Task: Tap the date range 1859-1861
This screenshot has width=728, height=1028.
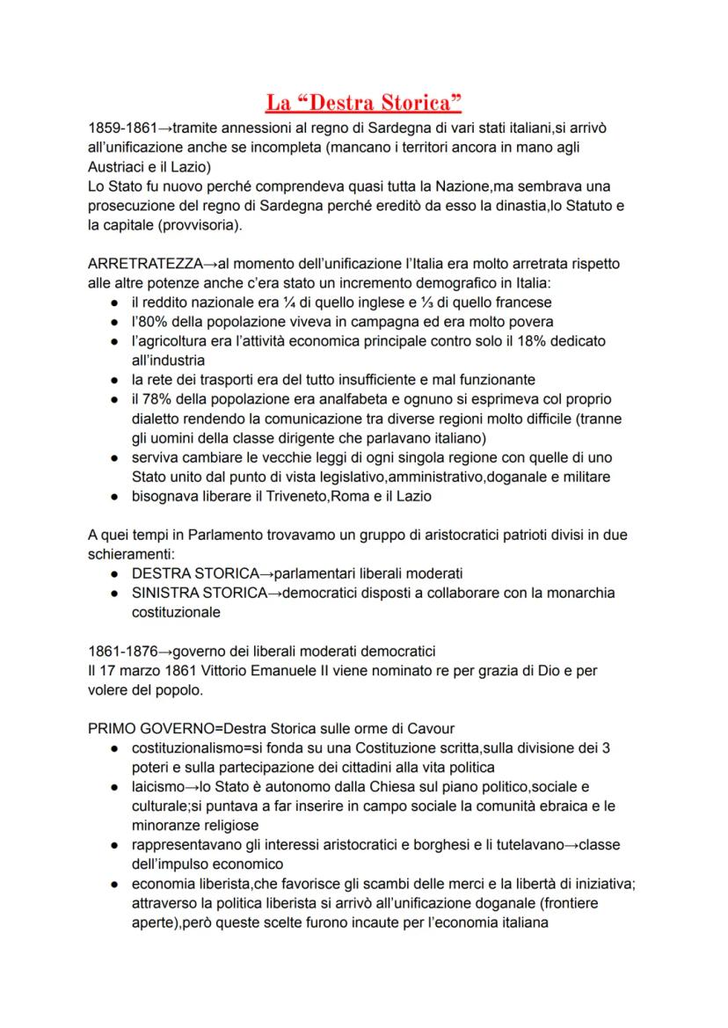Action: pyautogui.click(x=121, y=129)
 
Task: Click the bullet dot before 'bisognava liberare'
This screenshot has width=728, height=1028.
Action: pyautogui.click(x=116, y=496)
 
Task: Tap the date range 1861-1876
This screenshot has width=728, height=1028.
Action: pyautogui.click(x=121, y=651)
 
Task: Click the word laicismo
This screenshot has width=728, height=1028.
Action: pyautogui.click(x=160, y=786)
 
